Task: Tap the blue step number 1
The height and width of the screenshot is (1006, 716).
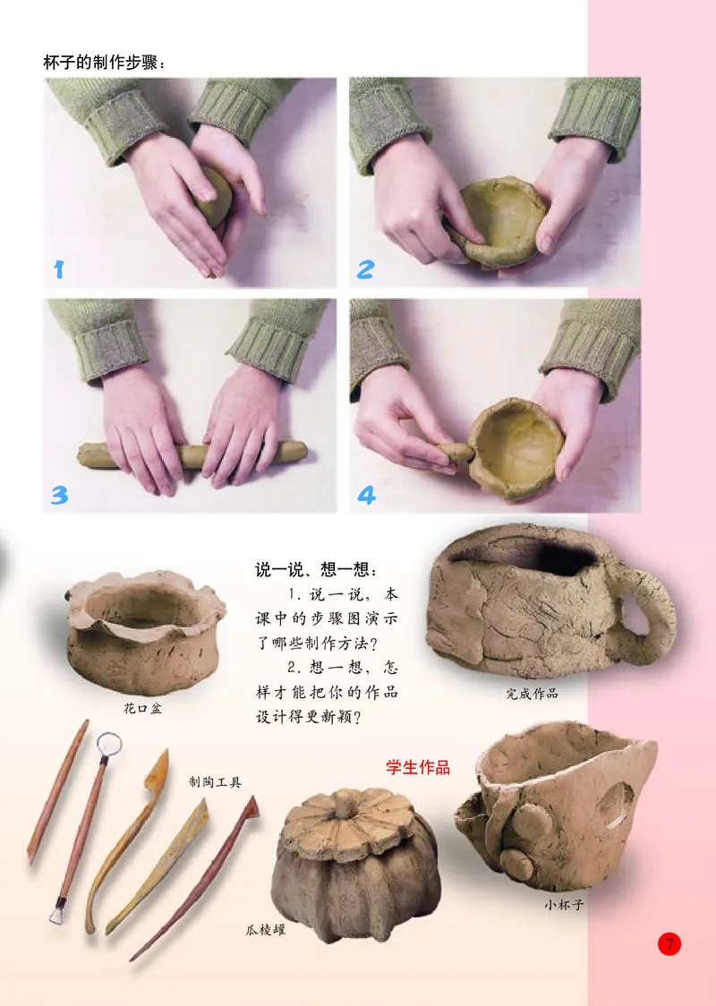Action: click(x=59, y=269)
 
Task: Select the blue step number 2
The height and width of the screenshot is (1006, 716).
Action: click(x=364, y=269)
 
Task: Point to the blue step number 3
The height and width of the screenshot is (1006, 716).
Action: click(x=59, y=494)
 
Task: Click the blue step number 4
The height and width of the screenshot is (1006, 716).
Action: click(x=366, y=494)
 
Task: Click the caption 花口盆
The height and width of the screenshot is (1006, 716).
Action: click(x=142, y=708)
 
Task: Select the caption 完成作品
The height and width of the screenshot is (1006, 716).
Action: click(x=532, y=693)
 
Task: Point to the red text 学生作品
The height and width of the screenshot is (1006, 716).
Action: click(x=417, y=767)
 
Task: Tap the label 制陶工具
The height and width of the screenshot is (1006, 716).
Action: click(x=215, y=781)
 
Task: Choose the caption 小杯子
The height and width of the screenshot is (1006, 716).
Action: click(x=564, y=904)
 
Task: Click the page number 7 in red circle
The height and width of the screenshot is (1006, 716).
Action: click(x=669, y=943)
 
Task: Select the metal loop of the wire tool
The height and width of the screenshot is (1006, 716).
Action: click(x=108, y=743)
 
